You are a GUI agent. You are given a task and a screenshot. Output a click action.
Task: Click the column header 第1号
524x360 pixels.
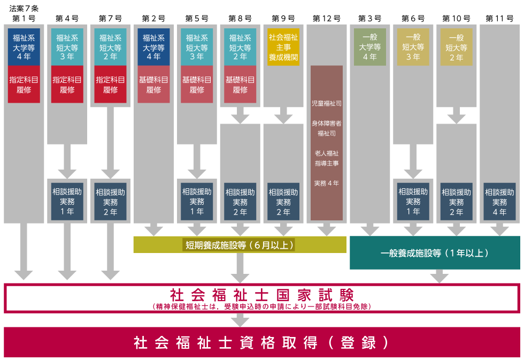[24, 19]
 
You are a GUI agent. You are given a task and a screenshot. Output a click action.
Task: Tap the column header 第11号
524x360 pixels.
[499, 19]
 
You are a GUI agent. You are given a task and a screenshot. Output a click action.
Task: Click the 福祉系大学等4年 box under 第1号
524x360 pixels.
[24, 47]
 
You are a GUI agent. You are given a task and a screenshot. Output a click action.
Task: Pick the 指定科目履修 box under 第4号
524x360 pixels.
[67, 84]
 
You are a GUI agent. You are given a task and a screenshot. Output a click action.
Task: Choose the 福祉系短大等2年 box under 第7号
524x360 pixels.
[110, 47]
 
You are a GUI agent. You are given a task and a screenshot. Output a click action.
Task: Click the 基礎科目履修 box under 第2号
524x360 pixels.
[153, 84]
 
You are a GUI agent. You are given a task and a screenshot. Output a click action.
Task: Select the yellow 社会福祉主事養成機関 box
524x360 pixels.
[283, 47]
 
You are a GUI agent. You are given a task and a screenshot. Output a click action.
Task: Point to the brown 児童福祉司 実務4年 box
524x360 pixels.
[326, 143]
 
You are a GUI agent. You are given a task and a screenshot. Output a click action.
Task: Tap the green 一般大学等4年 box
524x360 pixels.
[369, 47]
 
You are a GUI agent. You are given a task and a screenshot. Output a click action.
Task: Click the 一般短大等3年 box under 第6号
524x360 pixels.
[413, 47]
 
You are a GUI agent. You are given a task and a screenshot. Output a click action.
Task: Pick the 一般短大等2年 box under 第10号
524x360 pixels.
[456, 47]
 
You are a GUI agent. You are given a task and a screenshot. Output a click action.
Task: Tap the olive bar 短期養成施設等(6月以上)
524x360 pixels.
[240, 245]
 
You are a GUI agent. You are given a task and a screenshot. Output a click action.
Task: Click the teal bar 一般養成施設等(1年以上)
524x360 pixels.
[435, 252]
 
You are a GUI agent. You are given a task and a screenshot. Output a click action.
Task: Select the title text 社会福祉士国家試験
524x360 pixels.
[261, 294]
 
